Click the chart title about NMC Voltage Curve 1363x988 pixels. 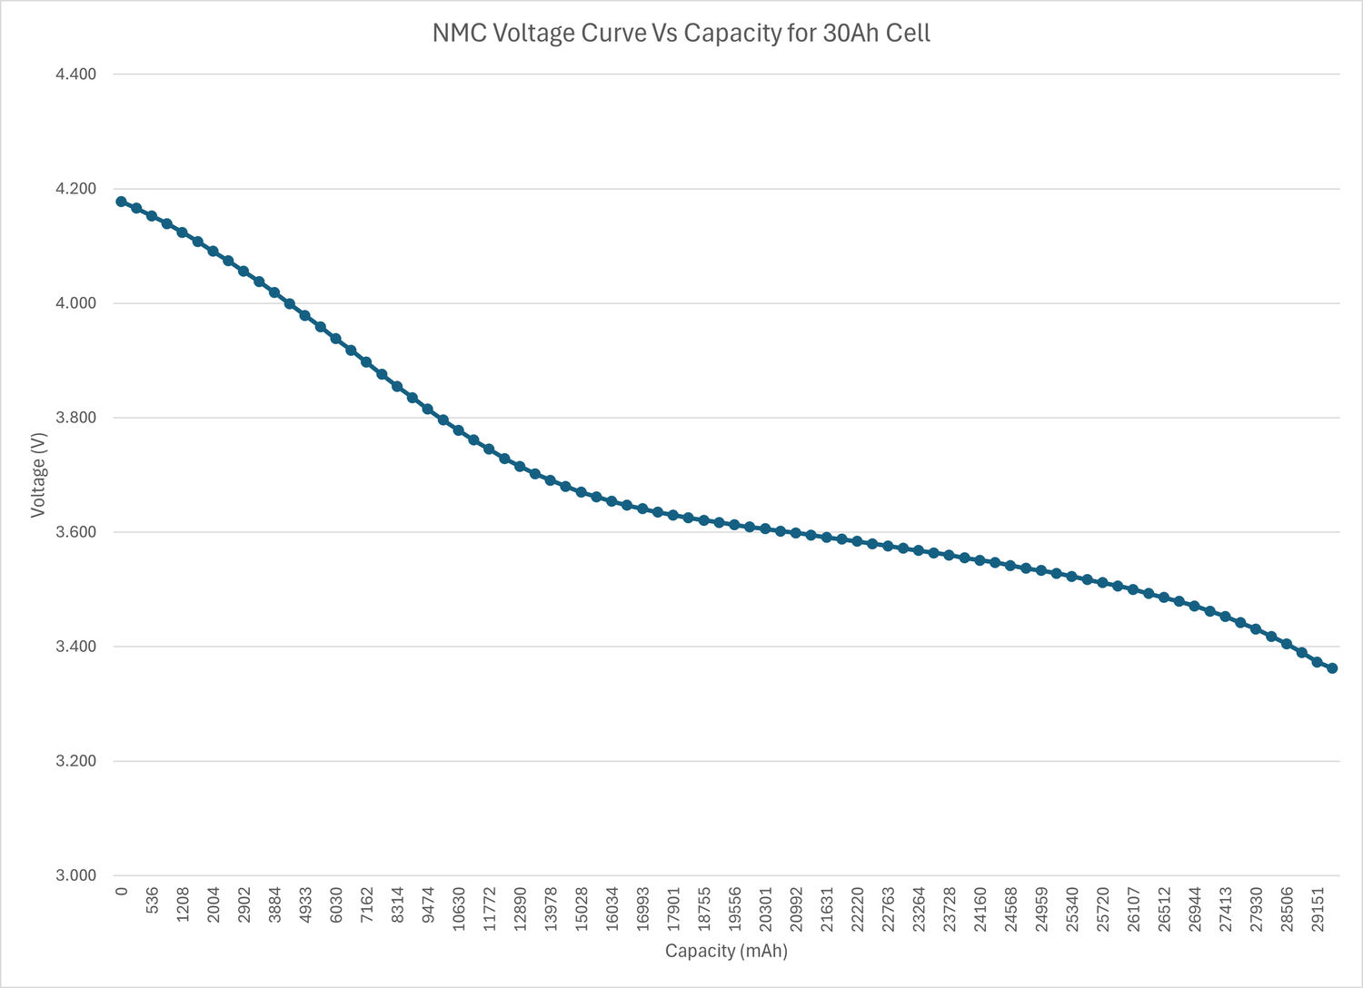681,34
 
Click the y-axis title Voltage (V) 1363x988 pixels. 37,475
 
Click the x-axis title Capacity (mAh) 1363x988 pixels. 726,951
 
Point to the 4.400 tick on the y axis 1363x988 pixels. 76,74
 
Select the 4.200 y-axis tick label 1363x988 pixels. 76,189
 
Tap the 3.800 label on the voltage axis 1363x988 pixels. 76,418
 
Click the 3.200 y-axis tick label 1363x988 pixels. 76,761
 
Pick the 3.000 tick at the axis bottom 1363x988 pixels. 76,875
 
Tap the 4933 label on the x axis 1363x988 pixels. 306,904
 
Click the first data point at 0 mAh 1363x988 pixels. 121,202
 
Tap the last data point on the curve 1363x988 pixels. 1332,668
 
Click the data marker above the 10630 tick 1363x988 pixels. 458,430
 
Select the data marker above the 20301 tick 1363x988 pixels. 765,529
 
